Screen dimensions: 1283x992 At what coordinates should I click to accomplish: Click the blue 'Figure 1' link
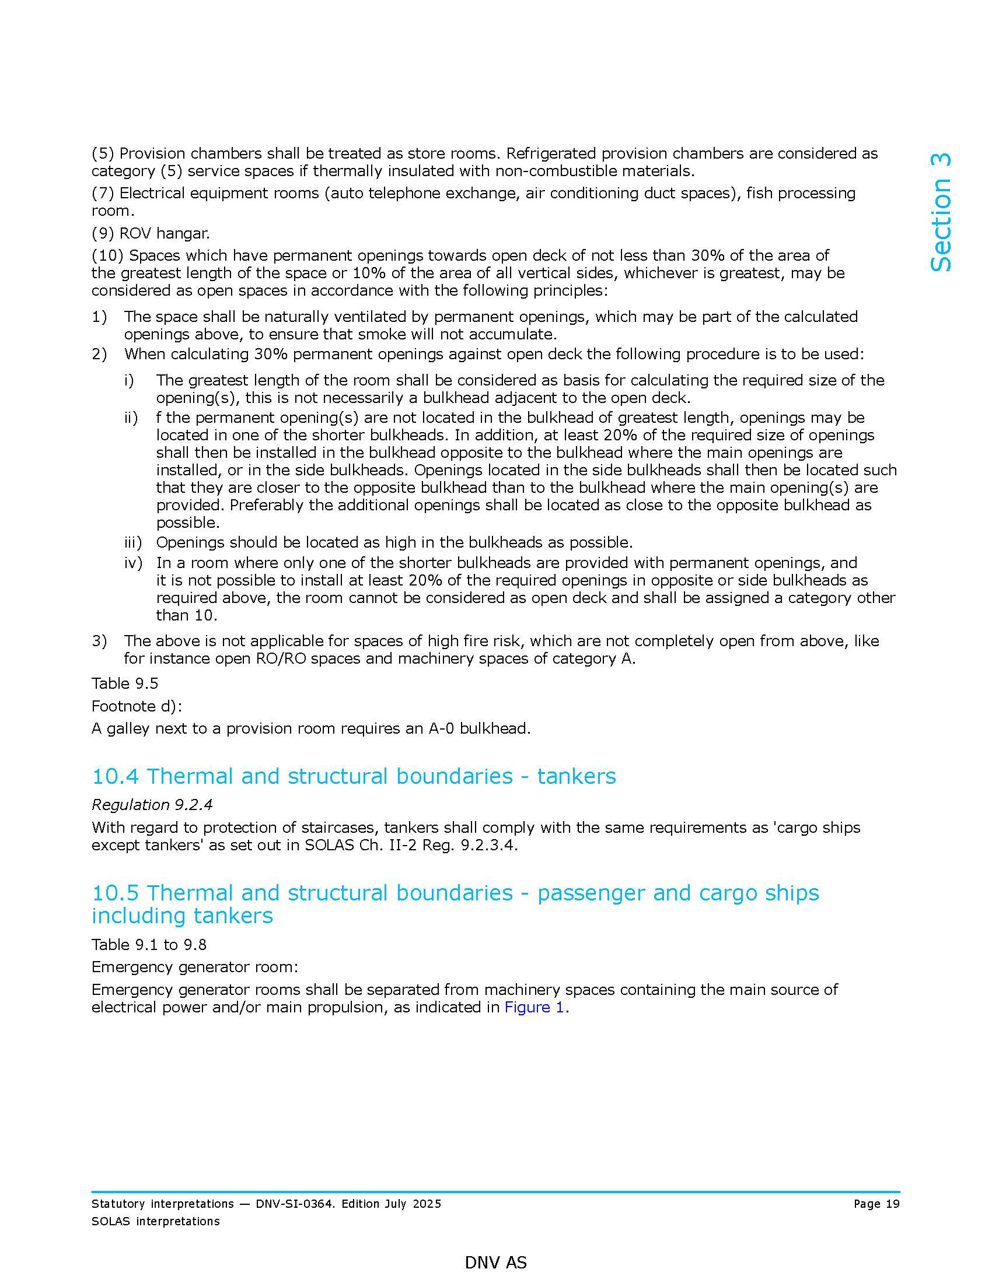pyautogui.click(x=533, y=1007)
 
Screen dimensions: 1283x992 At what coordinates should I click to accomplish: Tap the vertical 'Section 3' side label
pyautogui.click(x=941, y=212)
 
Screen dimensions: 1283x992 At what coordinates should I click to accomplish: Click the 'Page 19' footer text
pyautogui.click(x=876, y=1204)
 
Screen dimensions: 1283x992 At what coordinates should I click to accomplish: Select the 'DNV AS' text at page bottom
pyautogui.click(x=495, y=1263)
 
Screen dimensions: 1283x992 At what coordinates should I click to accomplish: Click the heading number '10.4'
pyautogui.click(x=115, y=776)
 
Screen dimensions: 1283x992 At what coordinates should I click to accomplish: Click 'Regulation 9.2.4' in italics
pyautogui.click(x=152, y=804)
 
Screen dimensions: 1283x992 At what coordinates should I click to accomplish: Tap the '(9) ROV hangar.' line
pyautogui.click(x=151, y=233)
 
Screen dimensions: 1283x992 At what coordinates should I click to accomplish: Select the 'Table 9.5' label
pyautogui.click(x=125, y=683)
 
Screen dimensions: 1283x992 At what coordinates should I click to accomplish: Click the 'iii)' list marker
pyautogui.click(x=133, y=542)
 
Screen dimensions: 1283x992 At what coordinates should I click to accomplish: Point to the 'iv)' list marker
pyautogui.click(x=133, y=563)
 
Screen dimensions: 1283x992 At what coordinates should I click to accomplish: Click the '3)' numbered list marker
pyautogui.click(x=99, y=641)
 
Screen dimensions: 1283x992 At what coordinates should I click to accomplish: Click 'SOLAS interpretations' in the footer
pyautogui.click(x=156, y=1221)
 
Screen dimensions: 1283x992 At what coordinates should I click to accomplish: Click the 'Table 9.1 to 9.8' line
pyautogui.click(x=149, y=945)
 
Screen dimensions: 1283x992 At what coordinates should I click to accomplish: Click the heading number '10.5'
pyautogui.click(x=115, y=893)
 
